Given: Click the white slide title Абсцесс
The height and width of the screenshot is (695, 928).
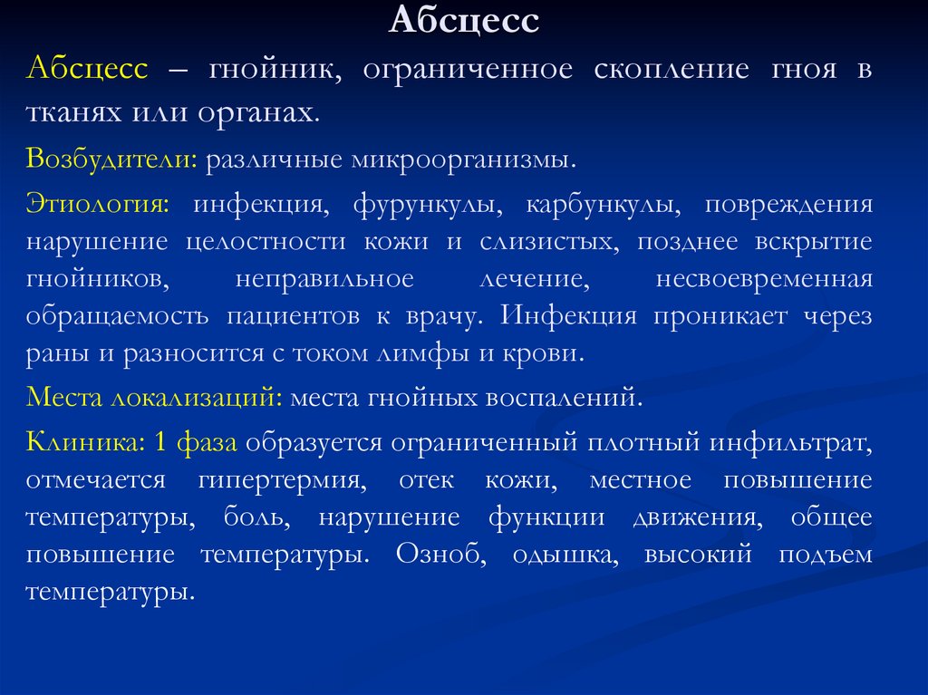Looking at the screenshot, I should [464, 20].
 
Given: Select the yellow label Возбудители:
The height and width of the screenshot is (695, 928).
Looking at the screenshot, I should [112, 160].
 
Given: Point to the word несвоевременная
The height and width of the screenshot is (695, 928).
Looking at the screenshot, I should [764, 279].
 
